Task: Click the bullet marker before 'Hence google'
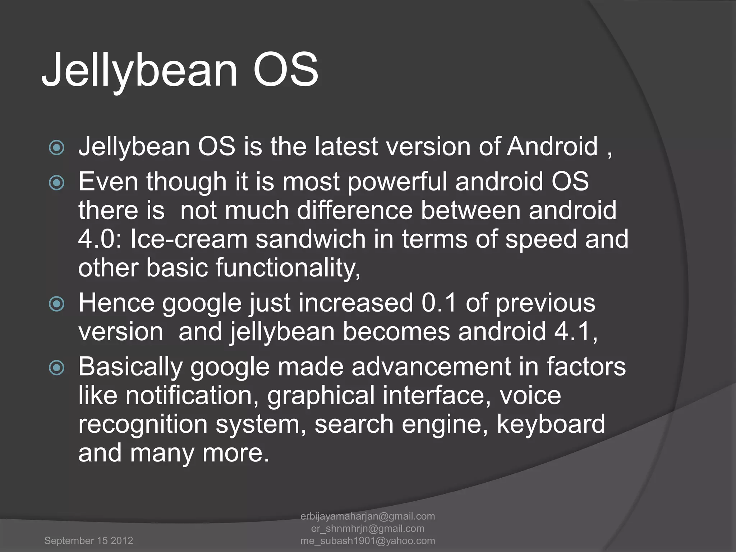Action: coord(57,304)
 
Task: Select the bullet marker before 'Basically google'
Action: coord(57,368)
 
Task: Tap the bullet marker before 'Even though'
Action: coord(57,183)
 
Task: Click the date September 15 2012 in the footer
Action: coord(88,540)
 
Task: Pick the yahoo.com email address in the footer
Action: coord(368,540)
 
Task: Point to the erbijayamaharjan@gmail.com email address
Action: coord(368,516)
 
